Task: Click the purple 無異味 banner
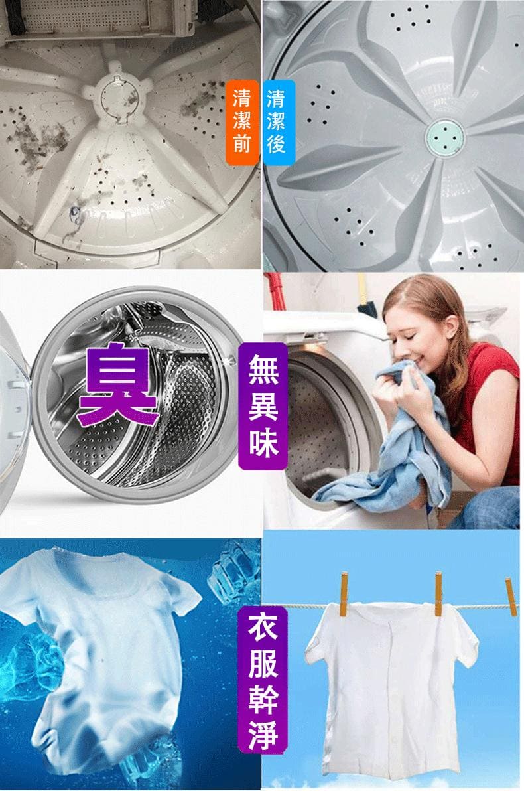tap(263, 406)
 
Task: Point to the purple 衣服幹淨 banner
tap(263, 683)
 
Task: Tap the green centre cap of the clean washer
tap(444, 137)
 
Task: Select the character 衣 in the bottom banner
tap(263, 628)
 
